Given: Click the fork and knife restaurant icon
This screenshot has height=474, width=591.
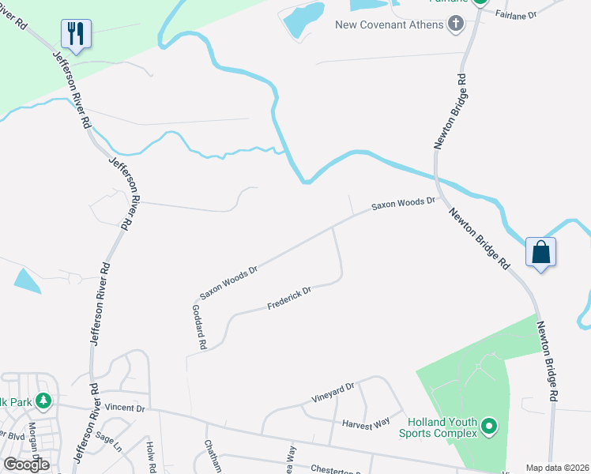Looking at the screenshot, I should (76, 34).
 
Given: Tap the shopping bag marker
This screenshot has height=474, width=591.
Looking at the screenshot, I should (541, 253).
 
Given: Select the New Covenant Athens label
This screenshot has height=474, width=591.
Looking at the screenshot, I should (390, 24).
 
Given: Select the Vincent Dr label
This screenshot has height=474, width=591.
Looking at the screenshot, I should (125, 408).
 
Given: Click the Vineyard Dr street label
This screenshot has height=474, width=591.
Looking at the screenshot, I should (333, 390).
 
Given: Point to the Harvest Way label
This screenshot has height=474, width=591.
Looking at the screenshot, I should (366, 423).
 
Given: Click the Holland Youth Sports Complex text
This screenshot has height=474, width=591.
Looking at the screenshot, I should (438, 427).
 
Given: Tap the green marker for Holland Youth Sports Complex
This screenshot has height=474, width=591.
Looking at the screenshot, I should (489, 427).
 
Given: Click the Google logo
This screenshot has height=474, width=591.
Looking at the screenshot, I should (27, 465).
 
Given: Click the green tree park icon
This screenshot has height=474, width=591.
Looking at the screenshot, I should (45, 401).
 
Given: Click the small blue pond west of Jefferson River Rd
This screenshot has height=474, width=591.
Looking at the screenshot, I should (27, 280).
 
